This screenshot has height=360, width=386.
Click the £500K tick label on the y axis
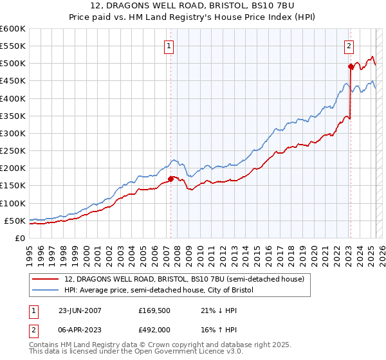click(x=12, y=64)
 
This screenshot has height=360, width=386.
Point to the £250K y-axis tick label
click(x=12, y=151)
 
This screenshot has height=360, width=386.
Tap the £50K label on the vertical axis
click(x=15, y=221)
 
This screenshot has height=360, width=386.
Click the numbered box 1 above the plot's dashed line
click(x=169, y=46)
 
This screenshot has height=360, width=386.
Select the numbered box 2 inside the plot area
click(x=349, y=46)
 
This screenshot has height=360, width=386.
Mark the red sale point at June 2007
click(x=171, y=179)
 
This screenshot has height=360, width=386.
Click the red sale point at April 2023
click(x=351, y=66)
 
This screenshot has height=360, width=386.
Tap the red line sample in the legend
click(x=46, y=279)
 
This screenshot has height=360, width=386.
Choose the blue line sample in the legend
click(x=46, y=291)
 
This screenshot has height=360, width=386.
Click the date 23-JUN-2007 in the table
click(x=80, y=310)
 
